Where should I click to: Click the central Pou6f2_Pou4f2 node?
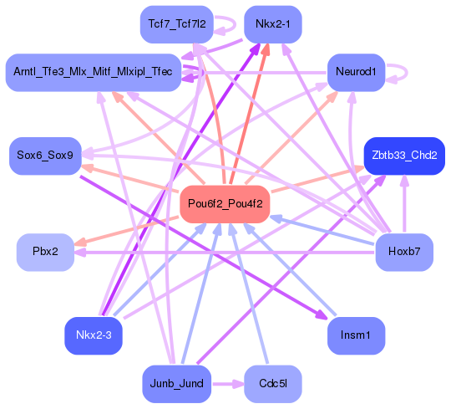(223, 204)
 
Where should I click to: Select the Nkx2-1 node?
(272, 23)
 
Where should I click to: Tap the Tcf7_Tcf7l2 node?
(176, 23)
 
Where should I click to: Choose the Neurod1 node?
(355, 73)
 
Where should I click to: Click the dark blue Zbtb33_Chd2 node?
(404, 156)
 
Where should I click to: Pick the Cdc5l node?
(272, 384)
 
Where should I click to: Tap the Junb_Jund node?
(176, 384)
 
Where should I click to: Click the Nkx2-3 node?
(94, 335)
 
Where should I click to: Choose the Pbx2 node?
(45, 252)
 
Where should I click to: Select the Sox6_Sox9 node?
(45, 156)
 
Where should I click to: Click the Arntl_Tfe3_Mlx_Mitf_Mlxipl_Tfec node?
(94, 73)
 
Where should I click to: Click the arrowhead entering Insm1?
(320, 314)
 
